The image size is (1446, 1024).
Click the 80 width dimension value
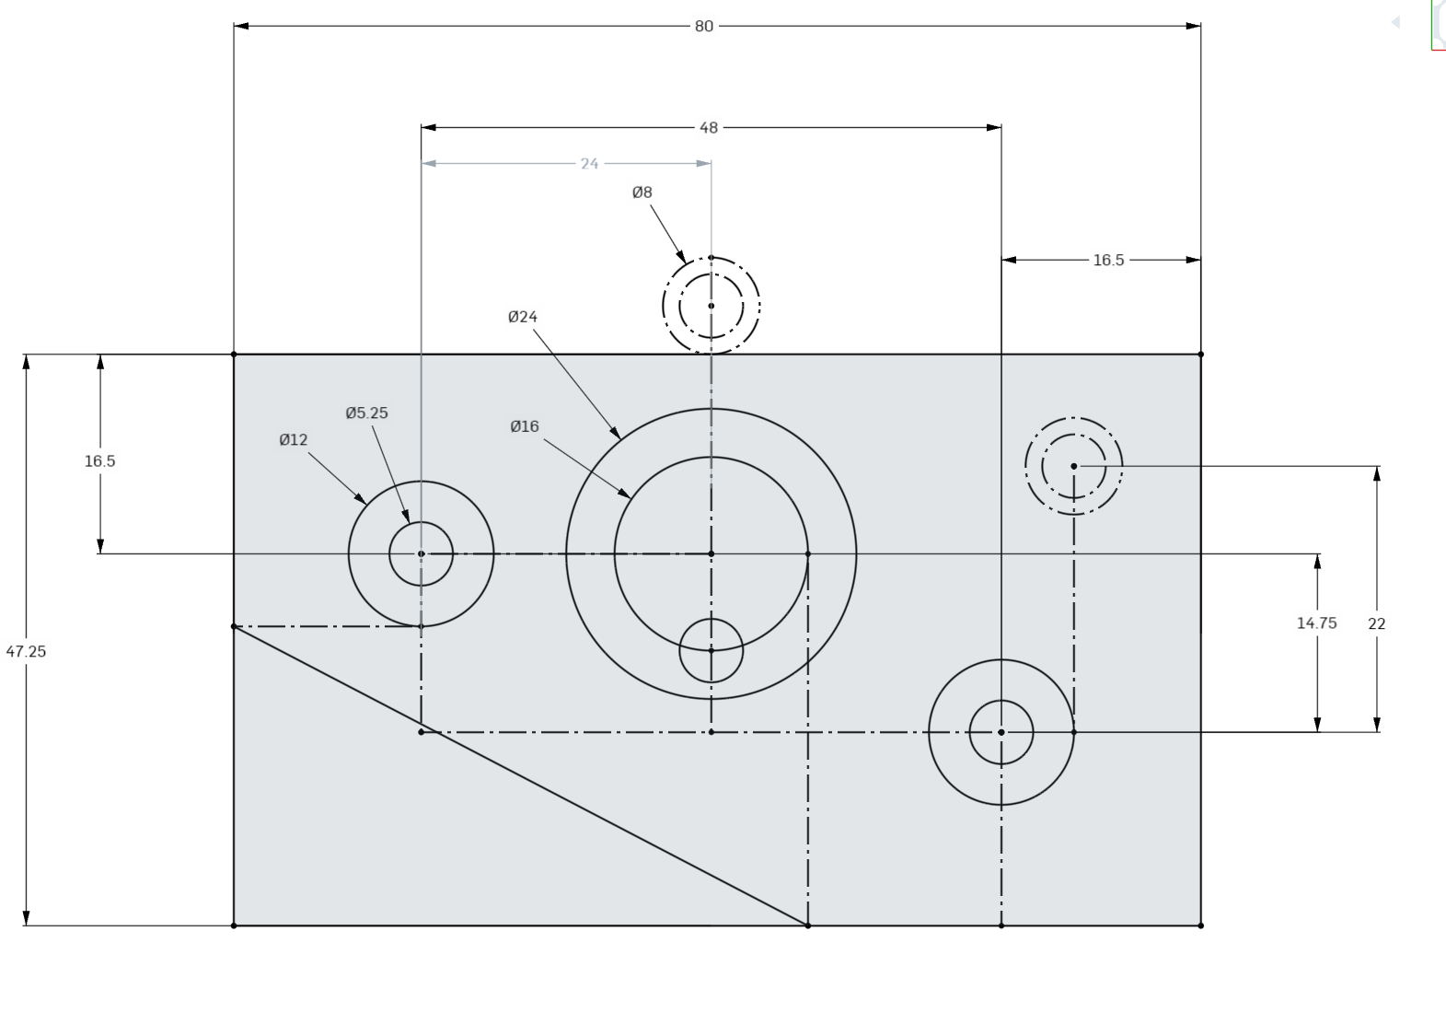click(x=703, y=27)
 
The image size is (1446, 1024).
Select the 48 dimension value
click(x=708, y=128)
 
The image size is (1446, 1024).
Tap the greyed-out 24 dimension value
click(x=589, y=164)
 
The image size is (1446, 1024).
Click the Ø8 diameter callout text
click(x=642, y=192)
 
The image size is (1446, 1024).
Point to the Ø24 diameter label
click(x=522, y=317)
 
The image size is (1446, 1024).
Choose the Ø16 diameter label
click(x=524, y=426)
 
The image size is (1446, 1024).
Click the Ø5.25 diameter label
click(x=366, y=413)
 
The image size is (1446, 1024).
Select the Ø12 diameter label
click(x=293, y=440)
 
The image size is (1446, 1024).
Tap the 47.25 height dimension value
click(x=26, y=651)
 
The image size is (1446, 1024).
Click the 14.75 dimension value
click(x=1316, y=623)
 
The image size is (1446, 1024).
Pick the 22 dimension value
click(x=1376, y=623)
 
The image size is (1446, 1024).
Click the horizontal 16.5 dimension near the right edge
click(x=1108, y=261)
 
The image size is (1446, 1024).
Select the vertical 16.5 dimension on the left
click(x=99, y=461)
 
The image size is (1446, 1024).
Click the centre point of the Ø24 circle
click(x=711, y=554)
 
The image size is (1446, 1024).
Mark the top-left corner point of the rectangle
click(x=234, y=355)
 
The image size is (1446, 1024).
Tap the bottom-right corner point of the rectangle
click(x=1200, y=925)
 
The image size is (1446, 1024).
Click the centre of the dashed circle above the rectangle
click(x=711, y=306)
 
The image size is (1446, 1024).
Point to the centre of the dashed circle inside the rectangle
click(x=1074, y=466)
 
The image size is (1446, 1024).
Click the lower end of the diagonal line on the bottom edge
click(x=808, y=925)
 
